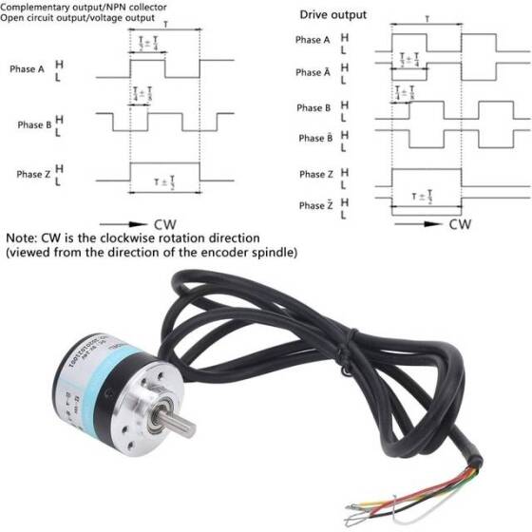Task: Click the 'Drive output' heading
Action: coord(332,15)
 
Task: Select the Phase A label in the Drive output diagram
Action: coord(314,40)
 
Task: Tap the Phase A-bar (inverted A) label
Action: coord(314,72)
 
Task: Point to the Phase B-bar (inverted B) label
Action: coord(314,138)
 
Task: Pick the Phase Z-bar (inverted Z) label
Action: coord(314,205)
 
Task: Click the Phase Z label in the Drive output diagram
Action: coord(314,175)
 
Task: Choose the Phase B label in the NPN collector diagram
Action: coord(34,124)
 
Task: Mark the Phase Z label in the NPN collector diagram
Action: coord(34,175)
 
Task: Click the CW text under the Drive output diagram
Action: coord(460,225)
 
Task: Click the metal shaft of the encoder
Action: coord(177,418)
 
